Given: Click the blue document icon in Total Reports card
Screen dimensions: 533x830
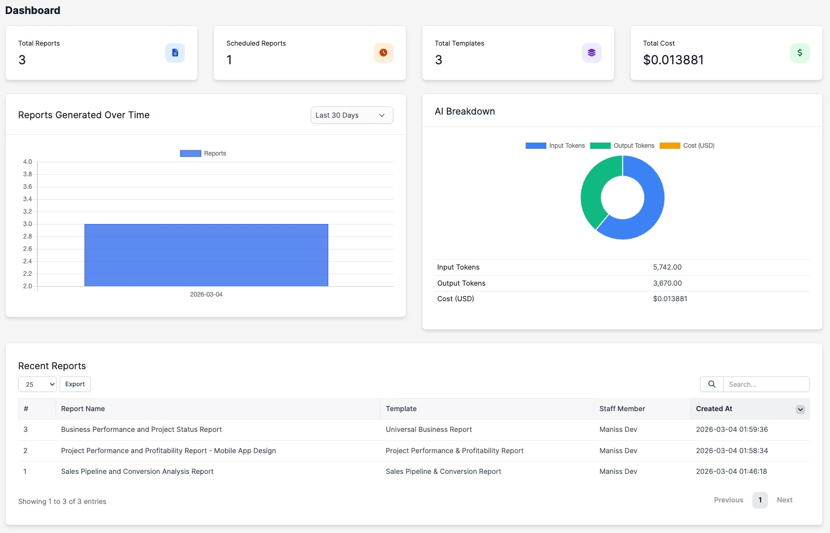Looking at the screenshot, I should coord(175,53).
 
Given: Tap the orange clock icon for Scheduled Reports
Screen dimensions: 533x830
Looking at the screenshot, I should coord(383,53).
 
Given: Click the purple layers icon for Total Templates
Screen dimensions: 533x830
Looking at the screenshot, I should coord(591,53).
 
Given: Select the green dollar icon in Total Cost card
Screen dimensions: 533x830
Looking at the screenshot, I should coord(799,53).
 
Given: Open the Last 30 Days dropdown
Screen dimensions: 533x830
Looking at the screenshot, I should coord(352,115).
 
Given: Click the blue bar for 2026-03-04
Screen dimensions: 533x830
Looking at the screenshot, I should coord(206,255).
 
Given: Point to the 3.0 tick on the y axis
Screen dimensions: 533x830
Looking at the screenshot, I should coord(27,224).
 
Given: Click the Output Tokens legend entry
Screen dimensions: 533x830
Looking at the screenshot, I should coord(622,146).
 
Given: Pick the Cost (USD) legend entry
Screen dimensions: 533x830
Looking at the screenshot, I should coord(687,146).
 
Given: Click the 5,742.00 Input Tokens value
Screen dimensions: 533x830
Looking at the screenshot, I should coord(667,268).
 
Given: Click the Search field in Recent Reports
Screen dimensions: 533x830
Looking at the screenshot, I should coord(766,384).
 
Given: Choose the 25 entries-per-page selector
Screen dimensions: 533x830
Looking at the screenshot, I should coord(37,384).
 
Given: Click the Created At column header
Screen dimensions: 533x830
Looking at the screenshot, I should coord(714,409).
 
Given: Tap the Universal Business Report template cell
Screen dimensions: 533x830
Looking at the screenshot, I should coord(429,430).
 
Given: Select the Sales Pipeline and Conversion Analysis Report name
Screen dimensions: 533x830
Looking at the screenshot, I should coord(137,472).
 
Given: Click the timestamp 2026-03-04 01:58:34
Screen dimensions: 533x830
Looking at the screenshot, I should coord(732,451).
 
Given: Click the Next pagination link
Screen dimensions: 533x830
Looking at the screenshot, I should coord(784,500).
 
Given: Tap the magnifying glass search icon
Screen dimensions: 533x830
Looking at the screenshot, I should coord(712,384).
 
